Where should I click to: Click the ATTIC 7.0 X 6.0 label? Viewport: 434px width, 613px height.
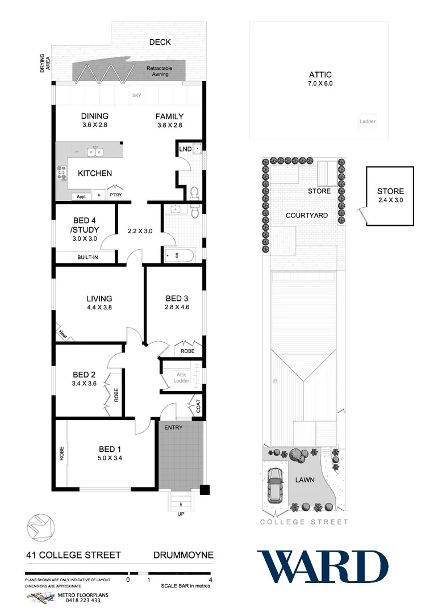[x=320, y=79]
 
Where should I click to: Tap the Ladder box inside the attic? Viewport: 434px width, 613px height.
[x=368, y=121]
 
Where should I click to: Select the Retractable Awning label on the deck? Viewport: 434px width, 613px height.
[x=159, y=70]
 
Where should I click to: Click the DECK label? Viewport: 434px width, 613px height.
[x=160, y=42]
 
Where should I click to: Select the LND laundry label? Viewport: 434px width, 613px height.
[x=185, y=149]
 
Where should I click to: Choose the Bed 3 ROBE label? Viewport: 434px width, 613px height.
[x=187, y=351]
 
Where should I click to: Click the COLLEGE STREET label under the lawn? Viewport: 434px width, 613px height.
[x=304, y=522]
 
